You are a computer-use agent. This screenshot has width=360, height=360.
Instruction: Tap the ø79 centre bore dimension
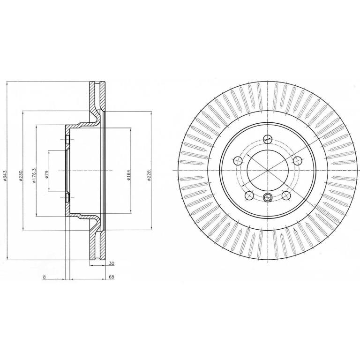[x=46, y=174]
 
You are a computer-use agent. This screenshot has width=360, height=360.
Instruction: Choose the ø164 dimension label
[x=128, y=175]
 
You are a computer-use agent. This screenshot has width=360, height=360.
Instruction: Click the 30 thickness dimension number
[x=112, y=263]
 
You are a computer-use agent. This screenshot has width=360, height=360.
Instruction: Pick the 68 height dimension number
[x=112, y=277]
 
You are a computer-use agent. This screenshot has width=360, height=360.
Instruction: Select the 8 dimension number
[x=45, y=277]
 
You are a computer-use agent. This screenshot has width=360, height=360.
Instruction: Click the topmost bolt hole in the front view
[x=268, y=138]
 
